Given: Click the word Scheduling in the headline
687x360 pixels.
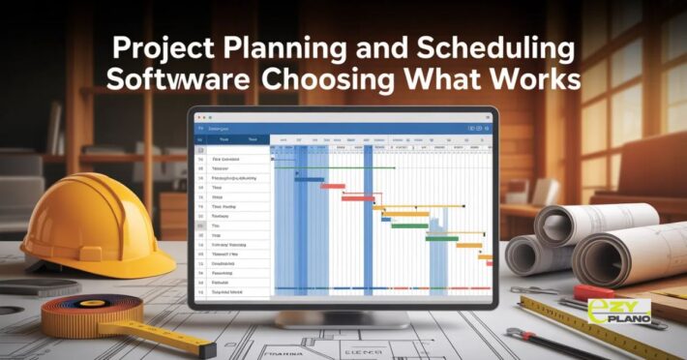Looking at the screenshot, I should tap(489, 48).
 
